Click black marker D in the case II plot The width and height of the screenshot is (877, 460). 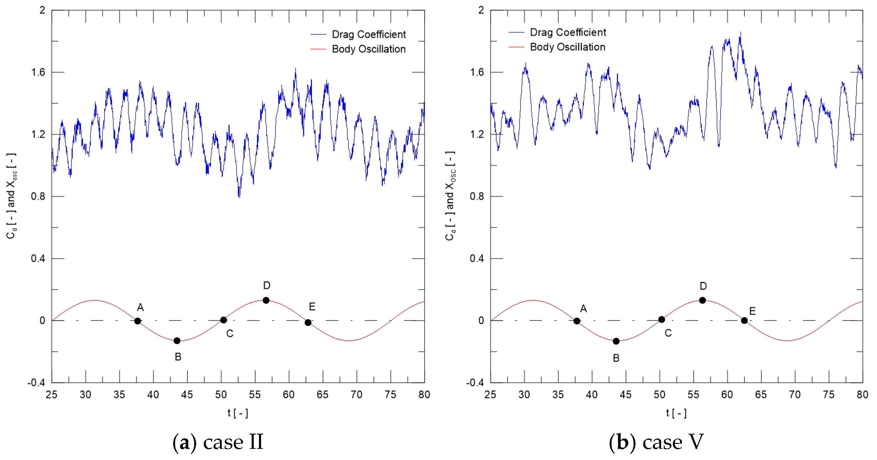click(x=266, y=300)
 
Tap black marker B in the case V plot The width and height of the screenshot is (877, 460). click(x=616, y=341)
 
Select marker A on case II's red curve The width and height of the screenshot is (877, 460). click(x=138, y=321)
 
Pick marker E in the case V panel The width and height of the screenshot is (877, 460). click(x=744, y=320)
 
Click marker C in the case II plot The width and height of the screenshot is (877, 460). click(x=223, y=320)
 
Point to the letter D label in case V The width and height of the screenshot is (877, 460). click(x=703, y=286)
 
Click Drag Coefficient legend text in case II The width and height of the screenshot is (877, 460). click(x=369, y=34)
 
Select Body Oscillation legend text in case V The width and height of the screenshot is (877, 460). click(x=568, y=47)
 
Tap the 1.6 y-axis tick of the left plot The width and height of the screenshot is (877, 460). click(x=38, y=72)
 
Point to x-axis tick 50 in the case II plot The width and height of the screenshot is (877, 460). click(x=221, y=395)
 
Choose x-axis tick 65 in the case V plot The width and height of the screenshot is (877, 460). click(x=761, y=395)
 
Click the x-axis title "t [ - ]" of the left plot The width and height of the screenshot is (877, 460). click(x=238, y=413)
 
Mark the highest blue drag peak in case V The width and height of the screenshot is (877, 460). click(x=740, y=33)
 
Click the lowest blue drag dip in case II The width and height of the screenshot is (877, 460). click(x=239, y=197)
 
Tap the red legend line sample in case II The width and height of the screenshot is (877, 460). click(x=318, y=49)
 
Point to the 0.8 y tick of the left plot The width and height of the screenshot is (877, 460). click(x=38, y=197)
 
